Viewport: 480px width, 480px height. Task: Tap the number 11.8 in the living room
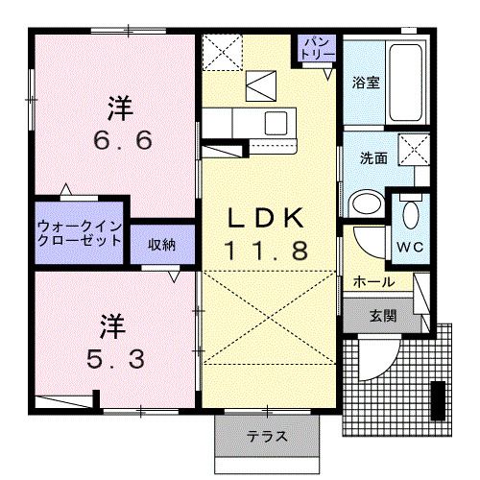tap(267, 252)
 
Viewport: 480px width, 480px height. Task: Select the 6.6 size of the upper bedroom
tap(122, 142)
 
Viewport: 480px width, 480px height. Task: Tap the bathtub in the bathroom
tap(405, 83)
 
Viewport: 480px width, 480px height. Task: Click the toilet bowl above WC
tap(411, 212)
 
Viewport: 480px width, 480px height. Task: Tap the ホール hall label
tap(373, 281)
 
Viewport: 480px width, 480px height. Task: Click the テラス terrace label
tap(267, 437)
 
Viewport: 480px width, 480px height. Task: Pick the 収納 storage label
tap(160, 244)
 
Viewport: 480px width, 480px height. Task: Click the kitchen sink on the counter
tap(276, 122)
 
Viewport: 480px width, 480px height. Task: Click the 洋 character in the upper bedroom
tap(120, 105)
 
